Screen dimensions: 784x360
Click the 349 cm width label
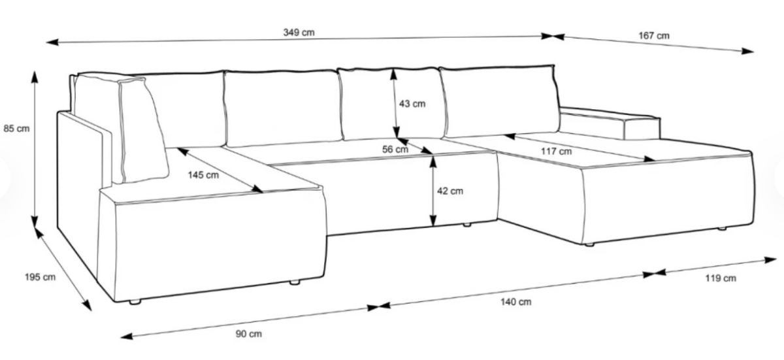(299, 33)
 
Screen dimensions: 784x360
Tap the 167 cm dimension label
(654, 36)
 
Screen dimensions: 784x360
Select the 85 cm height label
(16, 129)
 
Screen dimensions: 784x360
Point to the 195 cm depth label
(40, 277)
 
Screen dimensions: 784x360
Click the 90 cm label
(248, 334)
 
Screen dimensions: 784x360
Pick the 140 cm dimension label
(515, 302)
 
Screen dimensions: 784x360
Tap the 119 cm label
(720, 278)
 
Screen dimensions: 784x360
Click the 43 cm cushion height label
(412, 103)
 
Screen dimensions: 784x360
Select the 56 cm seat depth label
(395, 150)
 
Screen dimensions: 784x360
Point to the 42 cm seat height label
(450, 191)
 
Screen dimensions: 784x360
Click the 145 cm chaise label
(203, 175)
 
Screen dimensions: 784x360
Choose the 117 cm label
(556, 152)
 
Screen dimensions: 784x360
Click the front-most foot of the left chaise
(135, 302)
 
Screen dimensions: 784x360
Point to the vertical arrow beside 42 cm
(433, 191)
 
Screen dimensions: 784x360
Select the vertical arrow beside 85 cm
(34, 150)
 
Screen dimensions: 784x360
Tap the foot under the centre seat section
(467, 225)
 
